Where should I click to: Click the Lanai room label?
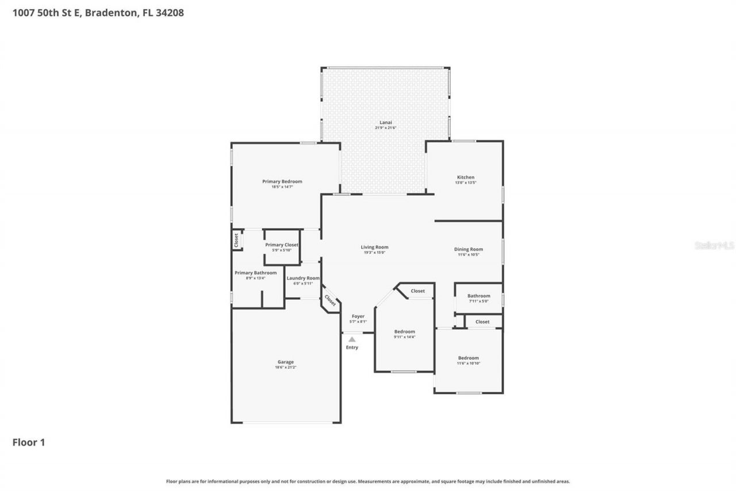tap(385, 122)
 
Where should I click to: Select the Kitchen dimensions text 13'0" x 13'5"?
tap(466, 182)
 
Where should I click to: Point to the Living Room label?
tap(374, 247)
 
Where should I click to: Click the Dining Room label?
tap(470, 249)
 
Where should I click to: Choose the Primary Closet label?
tap(282, 245)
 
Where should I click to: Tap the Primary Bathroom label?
tap(255, 273)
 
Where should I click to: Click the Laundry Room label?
tap(303, 278)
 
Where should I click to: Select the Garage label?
tap(286, 362)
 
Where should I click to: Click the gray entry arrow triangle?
tap(352, 340)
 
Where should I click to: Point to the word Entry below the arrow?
tap(352, 347)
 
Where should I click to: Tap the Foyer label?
tap(358, 316)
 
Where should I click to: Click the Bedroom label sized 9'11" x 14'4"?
tap(404, 332)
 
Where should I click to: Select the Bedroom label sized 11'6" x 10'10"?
tap(468, 358)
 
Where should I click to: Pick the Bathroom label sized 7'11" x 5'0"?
tap(478, 296)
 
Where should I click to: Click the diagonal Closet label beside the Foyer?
tap(330, 300)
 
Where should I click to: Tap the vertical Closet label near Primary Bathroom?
tap(236, 240)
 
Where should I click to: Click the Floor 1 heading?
tap(29, 442)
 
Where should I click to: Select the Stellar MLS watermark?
tap(714, 245)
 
